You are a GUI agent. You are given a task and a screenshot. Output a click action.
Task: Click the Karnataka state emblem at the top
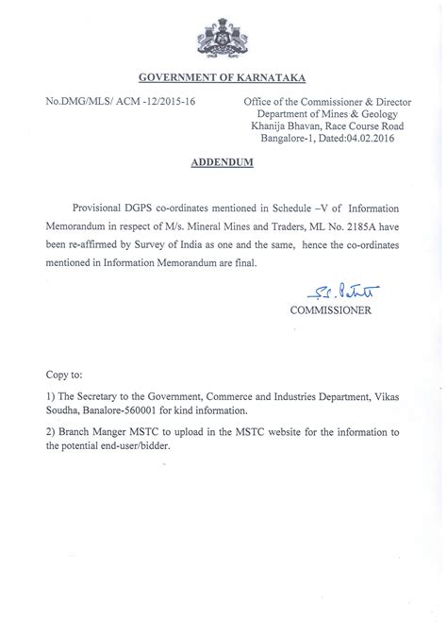[x=223, y=38]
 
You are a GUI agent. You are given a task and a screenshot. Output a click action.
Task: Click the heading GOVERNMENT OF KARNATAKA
[x=223, y=77]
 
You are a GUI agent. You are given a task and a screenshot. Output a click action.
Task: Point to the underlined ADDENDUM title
[x=223, y=161]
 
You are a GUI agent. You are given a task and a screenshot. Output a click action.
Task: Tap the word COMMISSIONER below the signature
[x=330, y=309]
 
